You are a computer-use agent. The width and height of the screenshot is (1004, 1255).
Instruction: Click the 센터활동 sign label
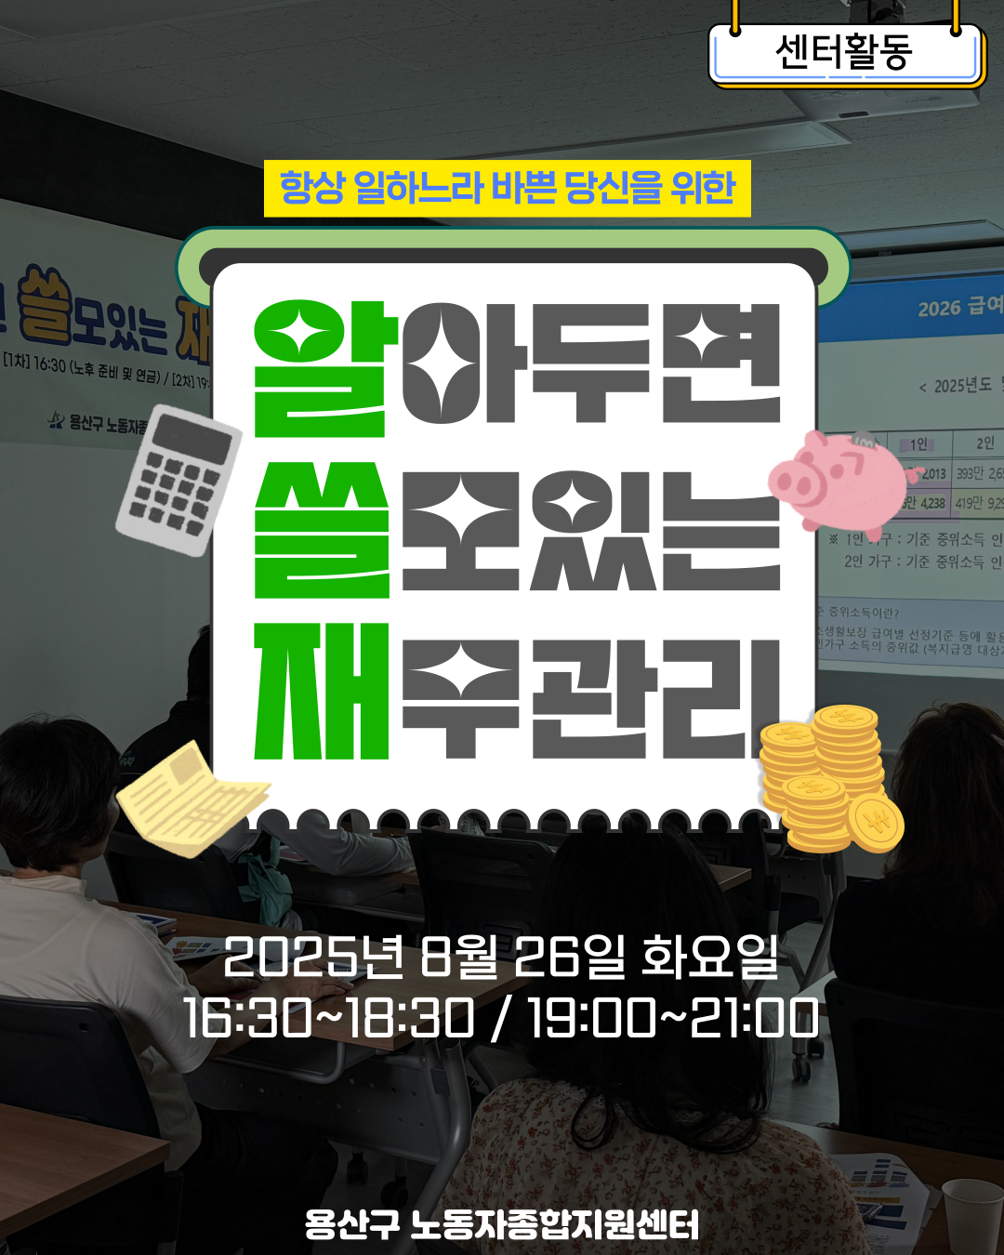point(844,52)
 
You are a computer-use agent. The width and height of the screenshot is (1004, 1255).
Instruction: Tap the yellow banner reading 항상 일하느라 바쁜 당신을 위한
point(507,188)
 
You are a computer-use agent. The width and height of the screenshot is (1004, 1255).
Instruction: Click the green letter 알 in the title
point(320,369)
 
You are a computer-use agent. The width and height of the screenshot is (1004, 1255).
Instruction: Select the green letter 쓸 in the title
point(320,530)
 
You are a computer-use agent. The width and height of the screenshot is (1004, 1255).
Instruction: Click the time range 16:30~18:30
point(329,1018)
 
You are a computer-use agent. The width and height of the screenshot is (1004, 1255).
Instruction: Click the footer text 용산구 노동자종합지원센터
point(501,1224)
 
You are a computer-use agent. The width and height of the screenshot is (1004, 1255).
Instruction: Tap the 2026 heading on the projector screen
point(958,307)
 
